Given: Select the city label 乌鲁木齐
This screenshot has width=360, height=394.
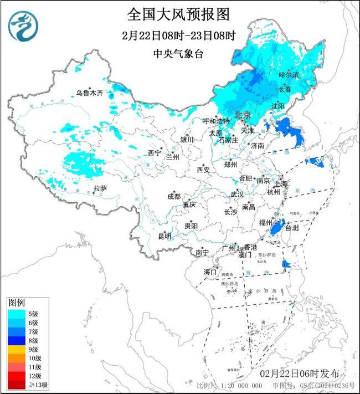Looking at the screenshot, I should tap(90, 93).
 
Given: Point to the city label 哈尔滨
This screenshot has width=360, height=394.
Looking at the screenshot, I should tap(288, 74).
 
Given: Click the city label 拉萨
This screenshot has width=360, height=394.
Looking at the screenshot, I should tap(100, 189).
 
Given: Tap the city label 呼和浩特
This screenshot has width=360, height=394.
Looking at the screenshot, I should tap(216, 121).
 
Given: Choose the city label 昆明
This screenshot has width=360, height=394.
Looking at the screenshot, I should tap(164, 237).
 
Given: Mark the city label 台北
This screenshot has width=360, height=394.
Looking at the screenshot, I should tap(291, 228).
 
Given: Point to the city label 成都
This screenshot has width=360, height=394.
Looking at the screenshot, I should tap(174, 196).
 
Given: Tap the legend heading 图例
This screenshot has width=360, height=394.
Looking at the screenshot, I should tap(17, 303).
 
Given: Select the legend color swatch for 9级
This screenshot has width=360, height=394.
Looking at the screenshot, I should tap(16, 349).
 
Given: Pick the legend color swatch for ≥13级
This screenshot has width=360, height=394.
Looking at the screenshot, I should tap(16, 385).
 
